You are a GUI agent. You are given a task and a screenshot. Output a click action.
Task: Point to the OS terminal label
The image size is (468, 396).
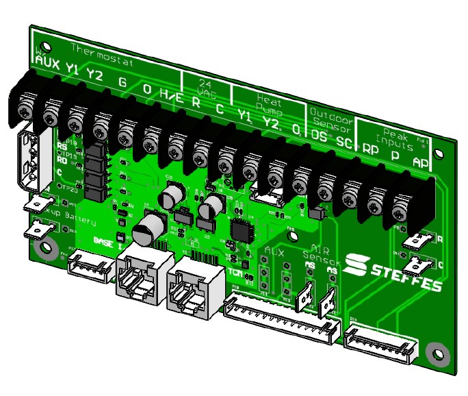tap(319, 136)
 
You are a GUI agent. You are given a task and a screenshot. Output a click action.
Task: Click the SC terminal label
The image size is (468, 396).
tap(344, 141)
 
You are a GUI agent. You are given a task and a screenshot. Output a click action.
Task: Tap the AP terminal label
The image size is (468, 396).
tap(421, 162)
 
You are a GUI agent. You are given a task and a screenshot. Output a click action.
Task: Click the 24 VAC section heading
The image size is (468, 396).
tap(206, 85)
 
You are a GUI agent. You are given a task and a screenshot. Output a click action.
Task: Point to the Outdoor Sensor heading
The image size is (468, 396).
tap(330, 119)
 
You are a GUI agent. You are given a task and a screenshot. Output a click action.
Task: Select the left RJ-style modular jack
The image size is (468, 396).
tap(140, 277)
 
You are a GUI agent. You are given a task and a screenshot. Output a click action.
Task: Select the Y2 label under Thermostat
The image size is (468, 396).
tap(94, 75)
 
